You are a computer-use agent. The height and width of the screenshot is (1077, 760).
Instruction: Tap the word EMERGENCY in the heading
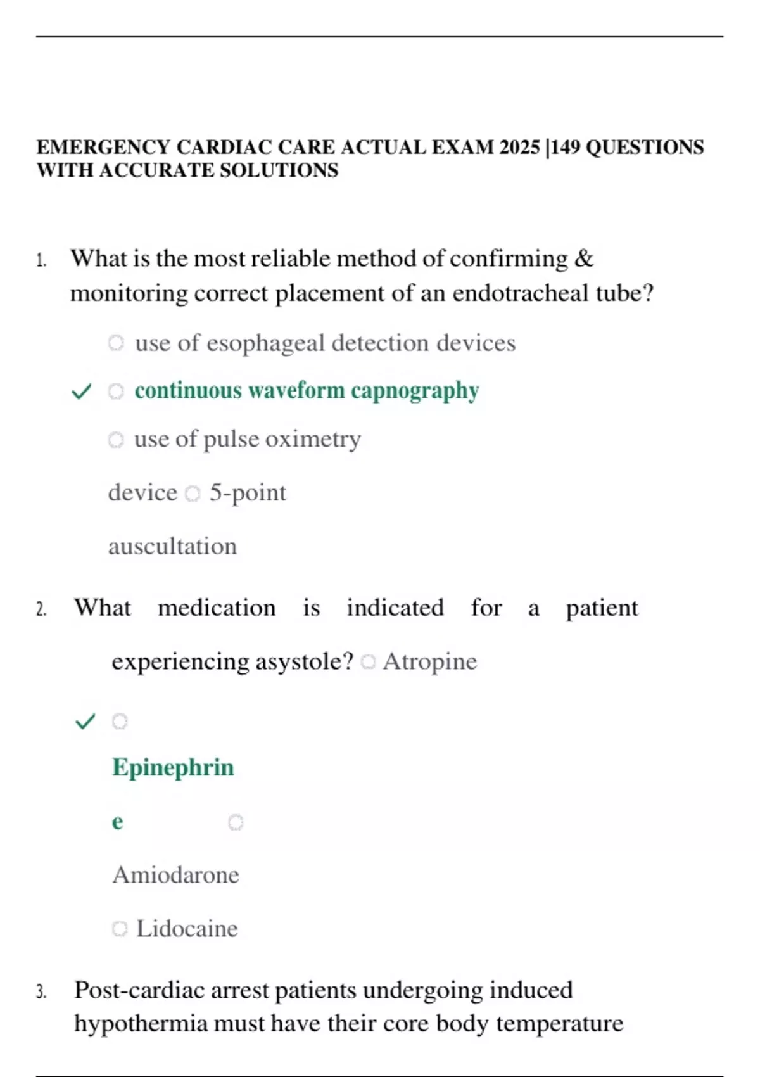[103, 147]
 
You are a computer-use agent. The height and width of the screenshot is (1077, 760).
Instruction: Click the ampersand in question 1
[583, 258]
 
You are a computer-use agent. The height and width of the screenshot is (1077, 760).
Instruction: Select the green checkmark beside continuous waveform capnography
[82, 392]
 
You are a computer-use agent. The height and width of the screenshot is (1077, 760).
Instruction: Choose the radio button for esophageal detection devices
[115, 343]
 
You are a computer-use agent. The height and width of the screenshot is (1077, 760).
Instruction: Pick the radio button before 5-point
[193, 493]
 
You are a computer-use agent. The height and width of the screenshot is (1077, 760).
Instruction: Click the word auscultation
[172, 546]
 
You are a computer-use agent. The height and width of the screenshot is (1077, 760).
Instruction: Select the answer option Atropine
[429, 661]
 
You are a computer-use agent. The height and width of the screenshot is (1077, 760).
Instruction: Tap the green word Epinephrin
[173, 767]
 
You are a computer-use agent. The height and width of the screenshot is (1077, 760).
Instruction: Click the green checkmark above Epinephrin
[85, 721]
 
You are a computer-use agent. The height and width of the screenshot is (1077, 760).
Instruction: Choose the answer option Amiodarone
[175, 875]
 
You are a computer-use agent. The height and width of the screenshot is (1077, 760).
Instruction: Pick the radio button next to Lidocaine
[119, 929]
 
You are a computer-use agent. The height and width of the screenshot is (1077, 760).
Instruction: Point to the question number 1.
[41, 260]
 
